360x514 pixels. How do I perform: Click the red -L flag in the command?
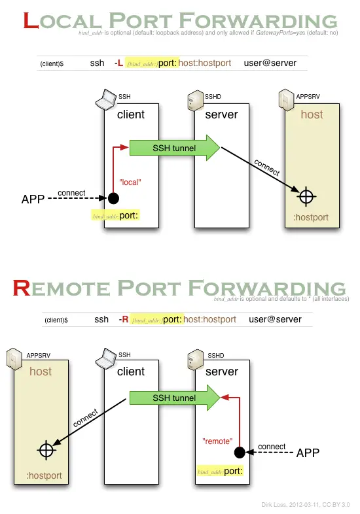pos(118,63)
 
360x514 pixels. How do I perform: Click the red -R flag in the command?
pos(123,319)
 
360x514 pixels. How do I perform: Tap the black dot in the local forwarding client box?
pos(113,197)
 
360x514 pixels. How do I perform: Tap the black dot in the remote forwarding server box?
pos(240,451)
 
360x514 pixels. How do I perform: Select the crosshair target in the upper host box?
pos(306,196)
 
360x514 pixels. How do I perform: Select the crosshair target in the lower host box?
pos(45,450)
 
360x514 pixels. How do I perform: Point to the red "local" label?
pos(130,182)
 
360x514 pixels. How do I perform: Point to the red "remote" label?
pos(217,441)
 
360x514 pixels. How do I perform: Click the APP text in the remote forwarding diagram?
pos(308,453)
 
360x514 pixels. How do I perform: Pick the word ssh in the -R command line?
pos(101,319)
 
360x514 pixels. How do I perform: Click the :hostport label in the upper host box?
pos(311,218)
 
